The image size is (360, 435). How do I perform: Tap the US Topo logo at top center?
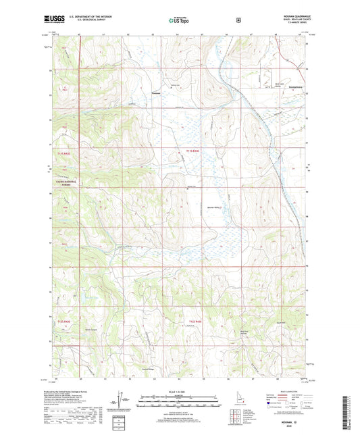(180, 20)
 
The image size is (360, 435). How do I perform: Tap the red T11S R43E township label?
(193, 150)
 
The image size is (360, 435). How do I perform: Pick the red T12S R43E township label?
(195, 321)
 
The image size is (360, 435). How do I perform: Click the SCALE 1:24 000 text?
(180, 390)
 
